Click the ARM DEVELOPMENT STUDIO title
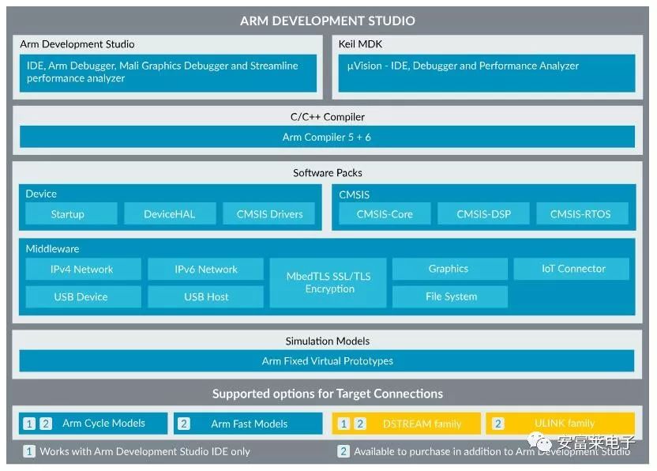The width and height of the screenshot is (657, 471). pyautogui.click(x=327, y=21)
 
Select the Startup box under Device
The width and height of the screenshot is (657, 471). pyautogui.click(x=71, y=213)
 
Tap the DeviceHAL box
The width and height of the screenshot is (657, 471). pyautogui.click(x=170, y=213)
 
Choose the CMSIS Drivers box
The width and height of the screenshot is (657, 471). pyautogui.click(x=269, y=213)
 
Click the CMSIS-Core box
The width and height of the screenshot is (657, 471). pyautogui.click(x=385, y=213)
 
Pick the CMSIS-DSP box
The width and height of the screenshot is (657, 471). pyautogui.click(x=483, y=213)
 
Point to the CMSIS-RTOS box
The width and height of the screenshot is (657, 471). pyautogui.click(x=583, y=213)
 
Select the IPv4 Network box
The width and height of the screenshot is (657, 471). pyautogui.click(x=84, y=269)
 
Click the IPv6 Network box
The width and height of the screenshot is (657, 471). pyautogui.click(x=206, y=269)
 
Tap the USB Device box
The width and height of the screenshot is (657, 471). pyautogui.click(x=84, y=296)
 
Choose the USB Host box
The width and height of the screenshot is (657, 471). pyautogui.click(x=206, y=296)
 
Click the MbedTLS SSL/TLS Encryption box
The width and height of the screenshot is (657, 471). pyautogui.click(x=328, y=283)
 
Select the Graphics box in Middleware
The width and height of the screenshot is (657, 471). pyautogui.click(x=450, y=269)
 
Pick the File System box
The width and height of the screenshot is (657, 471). pyautogui.click(x=450, y=296)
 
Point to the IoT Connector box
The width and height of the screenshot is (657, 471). pyautogui.click(x=572, y=269)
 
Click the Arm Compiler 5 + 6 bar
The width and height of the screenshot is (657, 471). pyautogui.click(x=327, y=137)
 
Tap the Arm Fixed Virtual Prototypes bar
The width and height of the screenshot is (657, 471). pyautogui.click(x=327, y=360)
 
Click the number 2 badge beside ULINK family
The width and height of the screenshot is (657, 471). pyautogui.click(x=497, y=424)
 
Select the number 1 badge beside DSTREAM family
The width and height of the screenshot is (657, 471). pyautogui.click(x=344, y=424)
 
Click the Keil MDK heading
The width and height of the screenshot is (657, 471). pyautogui.click(x=360, y=44)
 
